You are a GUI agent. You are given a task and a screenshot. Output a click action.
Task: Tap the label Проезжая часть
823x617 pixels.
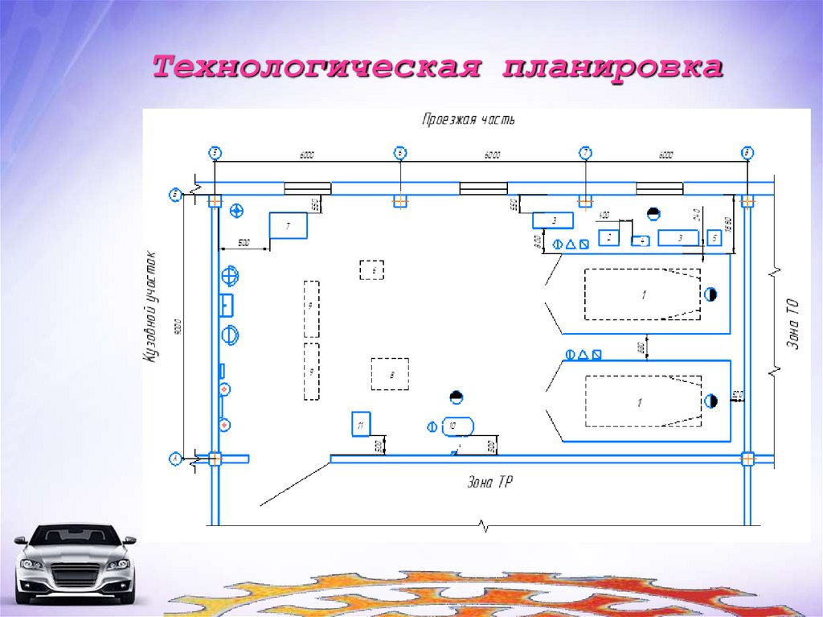point(469,119)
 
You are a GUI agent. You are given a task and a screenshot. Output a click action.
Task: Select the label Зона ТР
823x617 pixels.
point(490,483)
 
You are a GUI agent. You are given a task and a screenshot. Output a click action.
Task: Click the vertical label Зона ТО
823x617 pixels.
point(792,321)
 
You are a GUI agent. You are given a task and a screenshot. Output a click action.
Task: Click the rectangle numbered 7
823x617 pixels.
point(289,224)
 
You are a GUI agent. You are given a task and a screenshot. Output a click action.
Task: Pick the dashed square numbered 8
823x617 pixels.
point(390,374)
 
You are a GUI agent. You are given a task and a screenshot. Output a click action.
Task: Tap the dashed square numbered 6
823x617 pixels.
point(371,270)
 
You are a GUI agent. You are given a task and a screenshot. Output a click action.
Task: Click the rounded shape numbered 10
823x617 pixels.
point(457,426)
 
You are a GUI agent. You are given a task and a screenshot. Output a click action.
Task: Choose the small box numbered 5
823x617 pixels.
point(714,238)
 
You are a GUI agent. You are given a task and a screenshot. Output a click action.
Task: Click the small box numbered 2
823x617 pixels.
point(609,237)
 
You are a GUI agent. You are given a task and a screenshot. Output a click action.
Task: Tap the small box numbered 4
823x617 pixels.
point(641,240)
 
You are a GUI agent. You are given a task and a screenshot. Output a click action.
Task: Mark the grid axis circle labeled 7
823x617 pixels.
point(585,153)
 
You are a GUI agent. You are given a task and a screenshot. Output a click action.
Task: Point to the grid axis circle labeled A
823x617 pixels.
point(174,459)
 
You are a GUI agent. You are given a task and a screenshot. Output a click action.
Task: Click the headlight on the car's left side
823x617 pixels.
point(31,564)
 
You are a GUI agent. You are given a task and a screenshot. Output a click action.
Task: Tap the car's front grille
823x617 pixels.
point(76,575)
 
